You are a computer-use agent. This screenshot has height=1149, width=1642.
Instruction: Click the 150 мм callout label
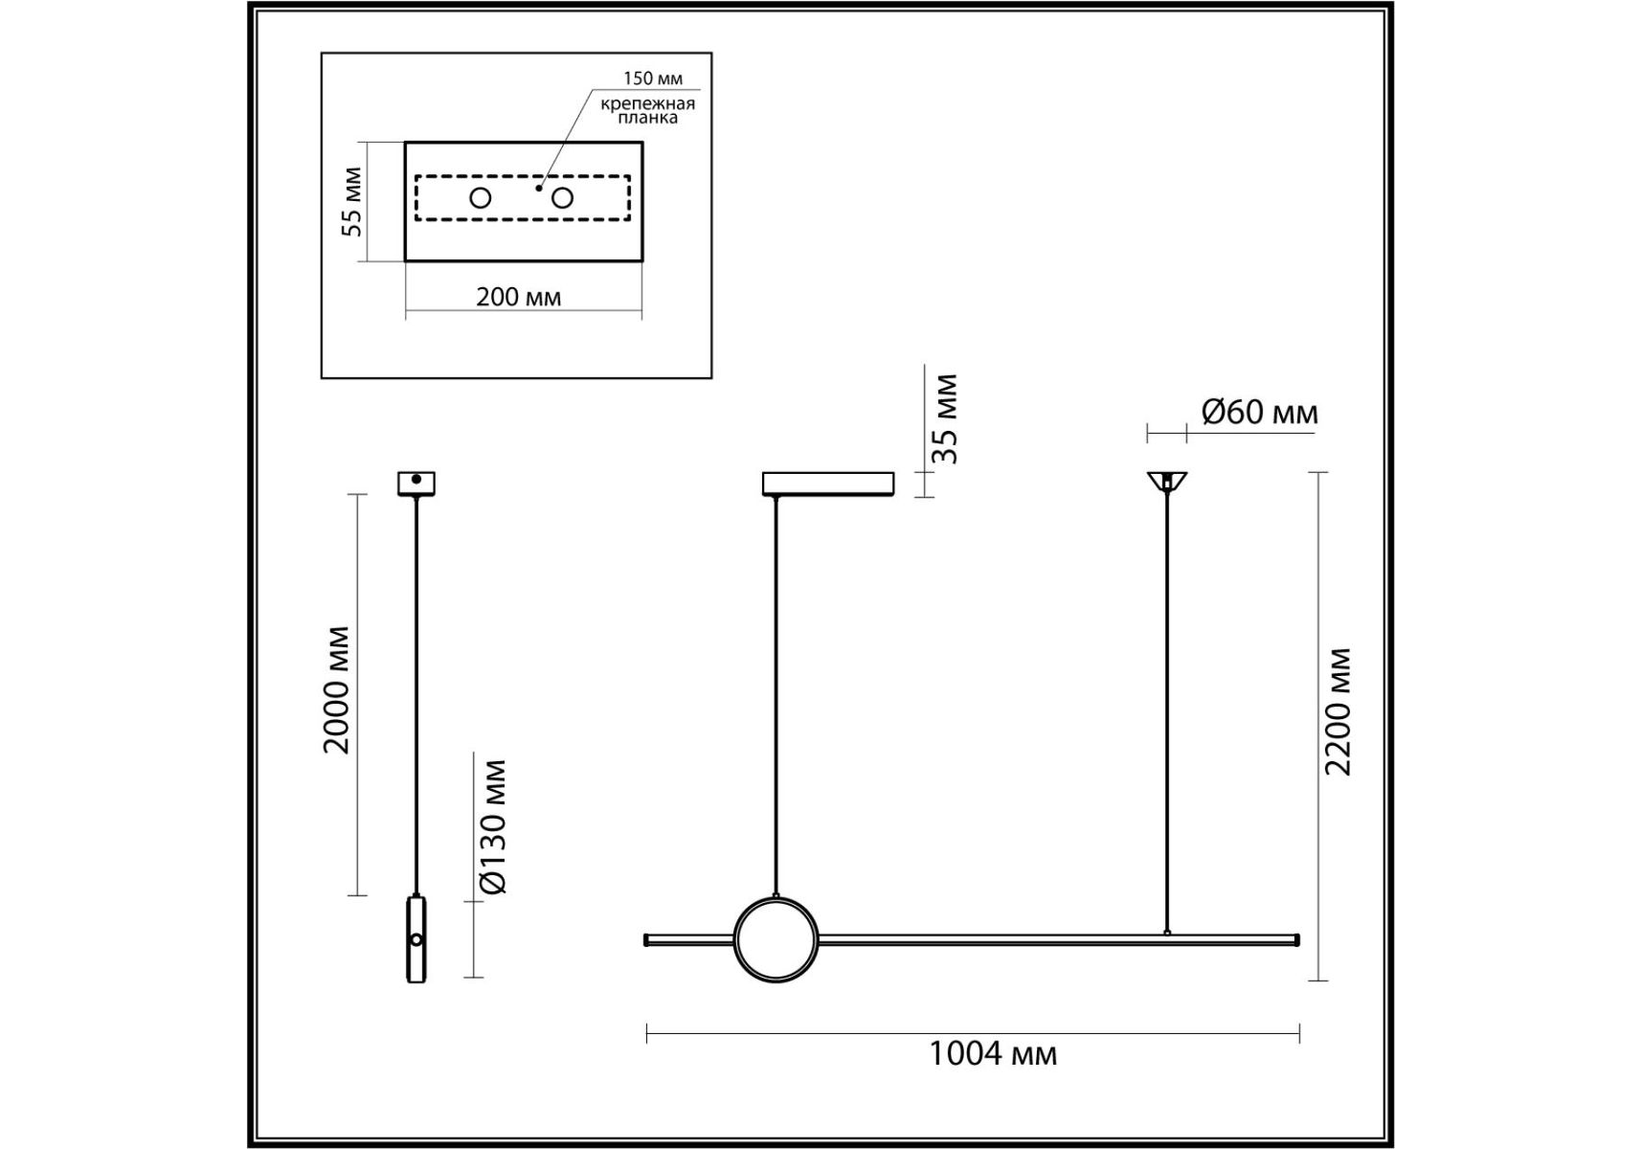click(653, 79)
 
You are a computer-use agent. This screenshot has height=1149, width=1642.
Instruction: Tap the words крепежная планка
click(648, 110)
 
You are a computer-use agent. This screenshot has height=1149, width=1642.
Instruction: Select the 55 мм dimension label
click(352, 202)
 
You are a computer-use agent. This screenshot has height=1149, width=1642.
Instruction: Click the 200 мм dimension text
click(519, 297)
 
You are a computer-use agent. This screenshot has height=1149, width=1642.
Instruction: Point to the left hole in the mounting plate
click(481, 198)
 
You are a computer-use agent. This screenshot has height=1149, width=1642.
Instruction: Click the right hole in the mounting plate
click(562, 198)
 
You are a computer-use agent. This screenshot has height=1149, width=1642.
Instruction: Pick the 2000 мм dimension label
click(336, 690)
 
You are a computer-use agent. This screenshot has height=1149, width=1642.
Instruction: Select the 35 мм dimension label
click(945, 419)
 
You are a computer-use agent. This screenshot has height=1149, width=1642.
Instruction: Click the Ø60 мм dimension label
click(1260, 412)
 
